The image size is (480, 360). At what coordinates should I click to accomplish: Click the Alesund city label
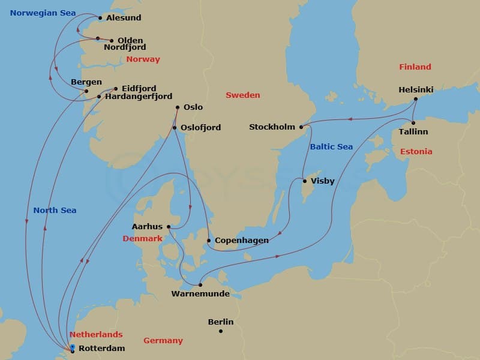coord(123,18)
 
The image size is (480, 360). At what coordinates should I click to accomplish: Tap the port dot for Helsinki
coord(416,99)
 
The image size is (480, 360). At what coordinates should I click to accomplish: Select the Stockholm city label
coord(272,127)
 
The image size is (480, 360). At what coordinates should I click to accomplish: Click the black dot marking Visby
coord(305,181)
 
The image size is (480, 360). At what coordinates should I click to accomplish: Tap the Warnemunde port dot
coord(200,285)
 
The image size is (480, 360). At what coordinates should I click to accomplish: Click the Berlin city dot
coord(221,331)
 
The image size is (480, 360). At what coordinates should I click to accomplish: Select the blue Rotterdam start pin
coord(72,347)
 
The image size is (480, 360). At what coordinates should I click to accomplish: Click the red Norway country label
coord(143,59)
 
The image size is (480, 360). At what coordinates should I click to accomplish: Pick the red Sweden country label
coord(242,95)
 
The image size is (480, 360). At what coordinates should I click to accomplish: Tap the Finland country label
coord(415,67)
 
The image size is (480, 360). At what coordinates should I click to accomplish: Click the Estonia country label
coord(416,152)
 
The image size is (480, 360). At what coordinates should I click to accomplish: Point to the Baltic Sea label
coord(331,147)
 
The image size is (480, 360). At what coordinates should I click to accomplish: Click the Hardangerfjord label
coord(139,97)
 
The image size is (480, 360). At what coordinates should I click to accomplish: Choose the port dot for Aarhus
coord(169,227)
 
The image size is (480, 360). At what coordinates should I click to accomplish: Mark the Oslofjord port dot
coord(175,128)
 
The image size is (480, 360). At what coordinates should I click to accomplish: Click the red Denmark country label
coord(142,238)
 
